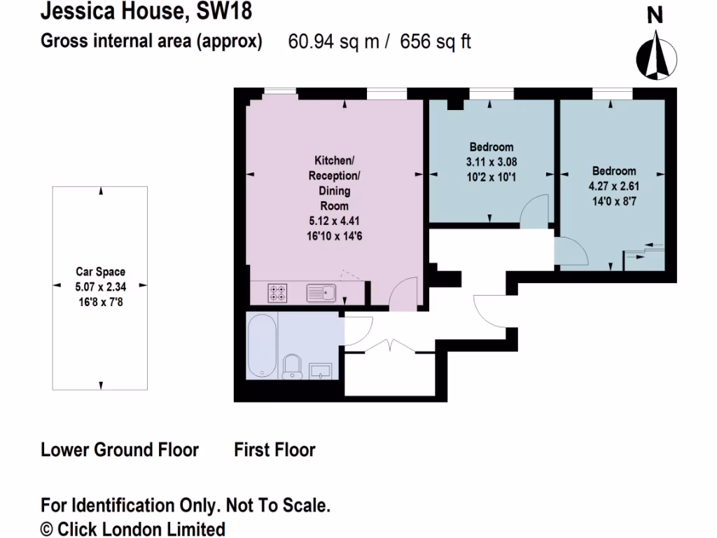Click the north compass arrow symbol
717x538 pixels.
655,57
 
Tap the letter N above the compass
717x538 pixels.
655,15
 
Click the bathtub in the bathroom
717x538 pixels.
262,345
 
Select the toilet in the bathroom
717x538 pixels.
292,366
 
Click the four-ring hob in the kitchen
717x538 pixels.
278,293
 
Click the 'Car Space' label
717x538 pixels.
101,273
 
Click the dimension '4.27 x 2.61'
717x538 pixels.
614,186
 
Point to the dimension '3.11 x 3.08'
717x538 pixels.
492,162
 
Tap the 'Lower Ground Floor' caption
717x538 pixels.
120,449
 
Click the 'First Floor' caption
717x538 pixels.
274,449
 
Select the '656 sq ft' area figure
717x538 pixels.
436,42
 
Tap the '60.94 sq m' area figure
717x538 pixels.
333,42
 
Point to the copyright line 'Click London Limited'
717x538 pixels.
140,528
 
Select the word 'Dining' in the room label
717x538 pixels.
335,191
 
